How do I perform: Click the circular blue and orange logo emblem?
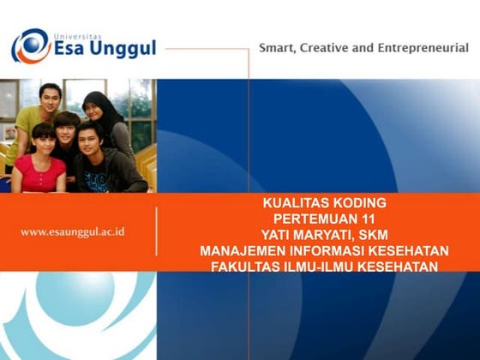tap(31, 45)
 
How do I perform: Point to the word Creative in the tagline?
tap(327, 48)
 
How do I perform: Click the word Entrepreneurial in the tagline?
tap(422, 48)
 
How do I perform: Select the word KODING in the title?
tap(356, 203)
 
